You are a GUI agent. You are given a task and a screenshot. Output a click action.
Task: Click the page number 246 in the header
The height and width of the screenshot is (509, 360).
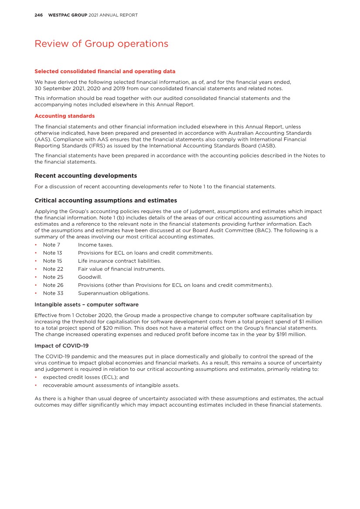[38, 15]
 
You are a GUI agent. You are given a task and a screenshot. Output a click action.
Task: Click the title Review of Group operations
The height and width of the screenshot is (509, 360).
[101, 44]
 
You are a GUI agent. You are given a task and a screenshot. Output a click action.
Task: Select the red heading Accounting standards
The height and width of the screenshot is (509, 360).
[65, 116]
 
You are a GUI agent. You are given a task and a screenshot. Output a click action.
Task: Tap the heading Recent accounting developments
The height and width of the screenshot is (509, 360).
[85, 176]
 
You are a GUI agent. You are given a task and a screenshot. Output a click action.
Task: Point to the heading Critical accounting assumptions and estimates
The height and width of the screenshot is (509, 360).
[105, 200]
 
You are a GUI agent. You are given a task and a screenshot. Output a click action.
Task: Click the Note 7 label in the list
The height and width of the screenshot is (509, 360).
[51, 245]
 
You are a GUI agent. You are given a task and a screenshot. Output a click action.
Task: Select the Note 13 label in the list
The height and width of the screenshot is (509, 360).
[52, 253]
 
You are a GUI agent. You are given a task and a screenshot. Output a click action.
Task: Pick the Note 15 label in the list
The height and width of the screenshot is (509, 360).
[52, 261]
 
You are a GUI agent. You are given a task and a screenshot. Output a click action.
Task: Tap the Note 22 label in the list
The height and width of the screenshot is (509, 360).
[53, 269]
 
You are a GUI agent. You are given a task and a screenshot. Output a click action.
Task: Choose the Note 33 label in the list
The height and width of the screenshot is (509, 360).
[53, 293]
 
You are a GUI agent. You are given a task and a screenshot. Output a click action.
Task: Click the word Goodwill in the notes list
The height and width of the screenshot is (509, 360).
[90, 277]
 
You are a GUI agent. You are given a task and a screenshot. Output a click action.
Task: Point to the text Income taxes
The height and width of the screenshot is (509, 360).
[95, 245]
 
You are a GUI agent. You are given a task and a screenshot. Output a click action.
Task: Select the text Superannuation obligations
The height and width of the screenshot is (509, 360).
[113, 293]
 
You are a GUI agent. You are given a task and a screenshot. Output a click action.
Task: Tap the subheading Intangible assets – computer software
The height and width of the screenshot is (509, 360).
[86, 304]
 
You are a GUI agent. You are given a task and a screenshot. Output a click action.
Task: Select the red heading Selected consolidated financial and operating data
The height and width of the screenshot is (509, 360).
[105, 71]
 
